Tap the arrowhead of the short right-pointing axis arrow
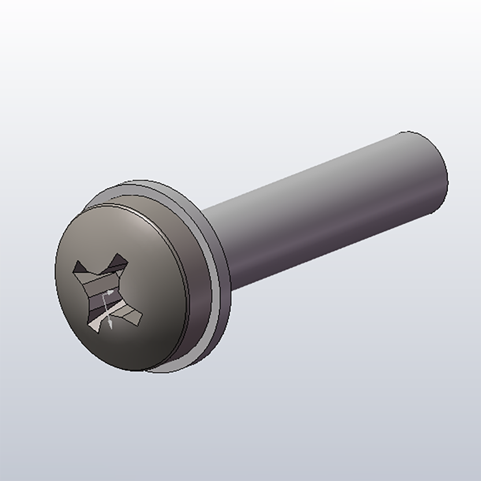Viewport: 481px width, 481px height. (114, 291)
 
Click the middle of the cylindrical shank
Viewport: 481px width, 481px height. (327, 212)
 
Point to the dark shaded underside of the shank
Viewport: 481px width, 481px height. (337, 245)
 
